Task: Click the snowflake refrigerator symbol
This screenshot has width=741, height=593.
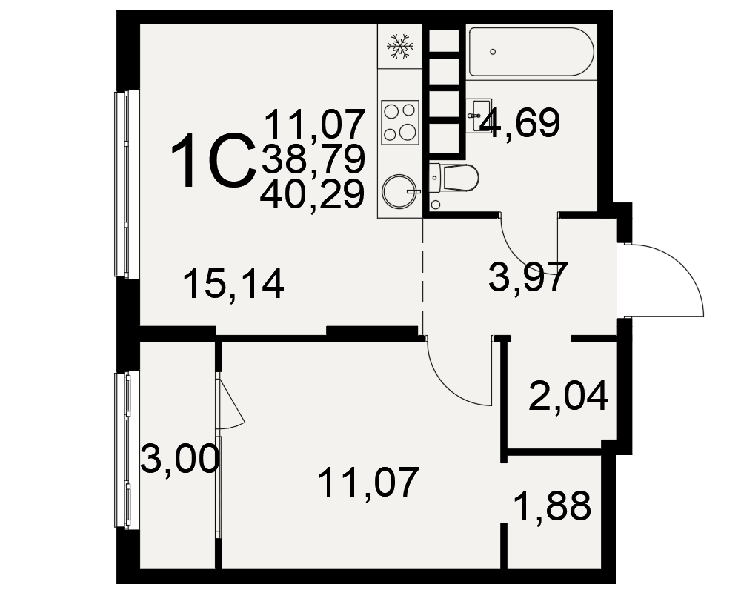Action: coord(400,47)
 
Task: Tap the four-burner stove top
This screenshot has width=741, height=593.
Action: coord(400,122)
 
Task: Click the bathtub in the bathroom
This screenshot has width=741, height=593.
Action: coord(531,52)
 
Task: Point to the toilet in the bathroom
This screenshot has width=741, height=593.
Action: coord(454,178)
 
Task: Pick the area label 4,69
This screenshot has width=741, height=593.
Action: coord(519,123)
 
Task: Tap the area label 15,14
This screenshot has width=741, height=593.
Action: coord(234,284)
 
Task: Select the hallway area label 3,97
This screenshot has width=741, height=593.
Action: coord(528,277)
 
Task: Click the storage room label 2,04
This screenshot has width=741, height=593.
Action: coord(568,397)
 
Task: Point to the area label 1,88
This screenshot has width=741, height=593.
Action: coord(553,506)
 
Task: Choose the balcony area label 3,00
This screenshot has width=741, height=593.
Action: coord(180,459)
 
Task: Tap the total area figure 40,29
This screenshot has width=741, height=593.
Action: coord(313,195)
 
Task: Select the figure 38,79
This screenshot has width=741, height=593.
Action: coord(313,159)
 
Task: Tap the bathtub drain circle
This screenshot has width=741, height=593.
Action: coord(493,52)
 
